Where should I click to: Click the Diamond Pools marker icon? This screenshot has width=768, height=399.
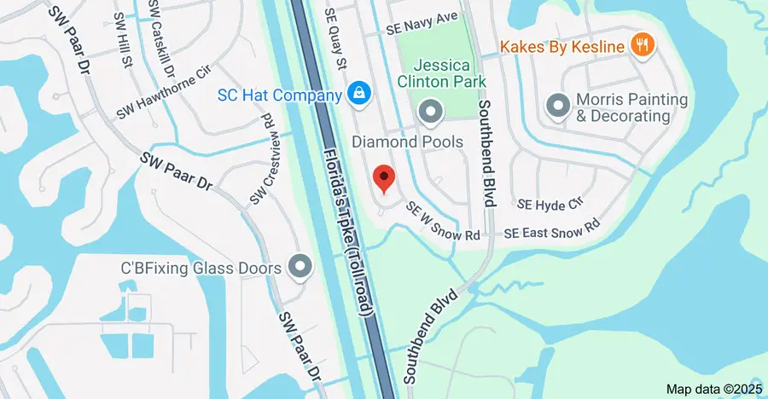[429, 111]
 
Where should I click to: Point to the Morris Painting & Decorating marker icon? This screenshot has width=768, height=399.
[558, 107]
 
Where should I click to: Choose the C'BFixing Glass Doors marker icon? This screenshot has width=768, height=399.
[300, 268]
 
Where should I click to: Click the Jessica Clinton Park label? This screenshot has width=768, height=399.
[451, 73]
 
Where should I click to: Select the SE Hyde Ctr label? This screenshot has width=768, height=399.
[550, 205]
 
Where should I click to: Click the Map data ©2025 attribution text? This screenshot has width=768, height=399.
[713, 389]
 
